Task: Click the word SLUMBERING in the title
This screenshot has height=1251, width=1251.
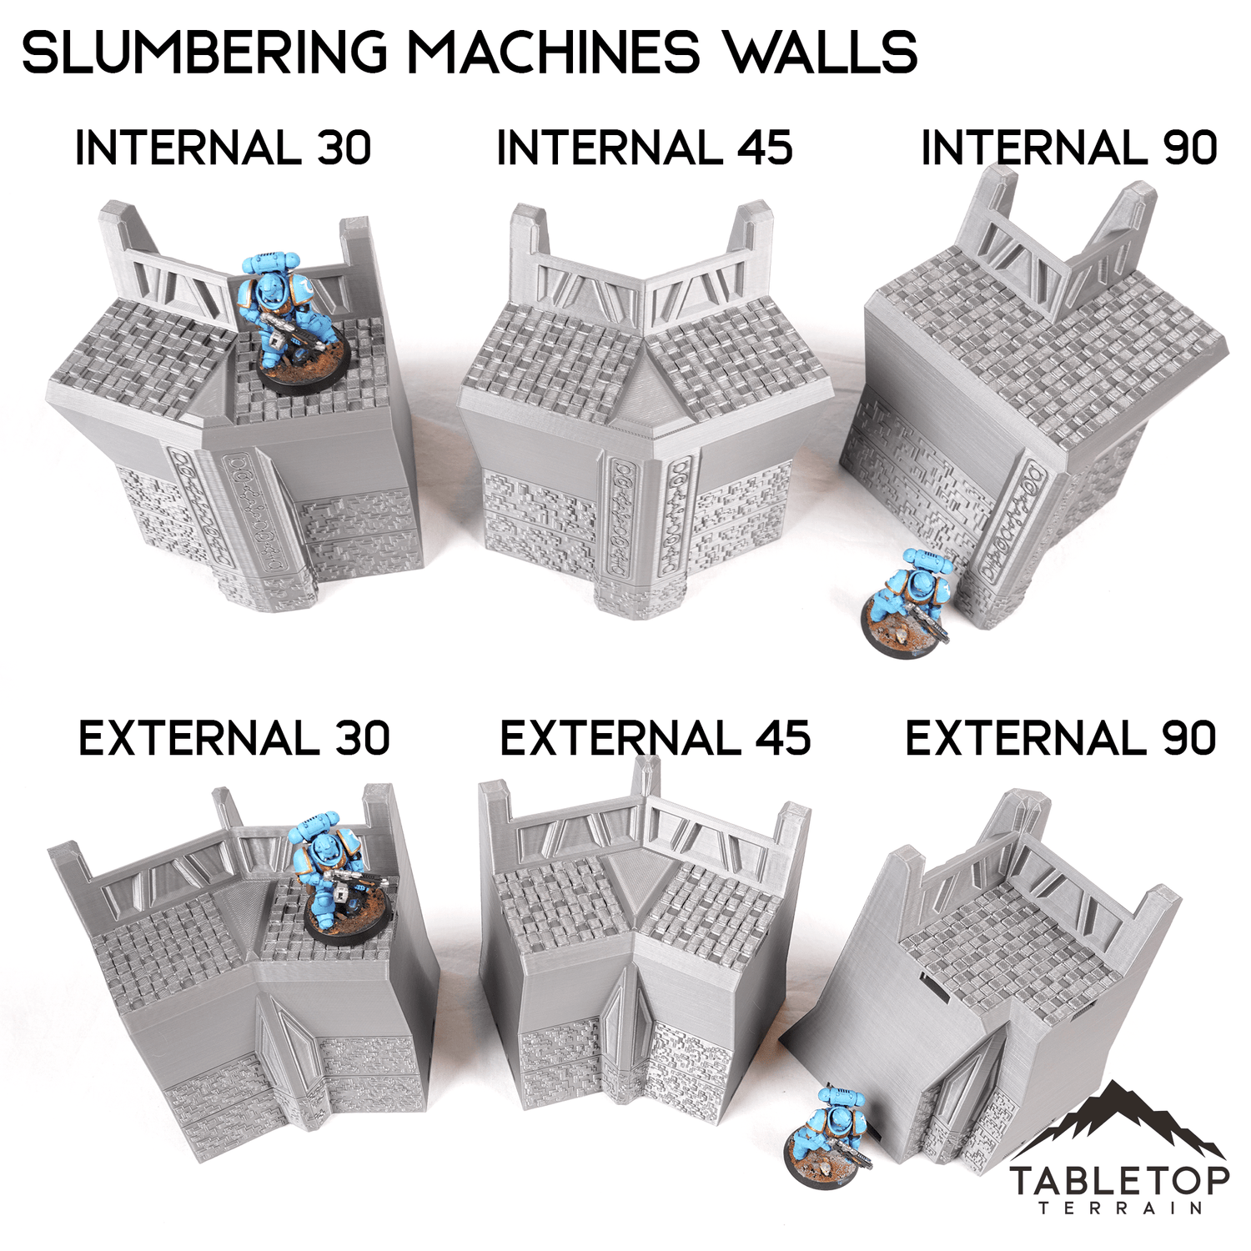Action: [205, 52]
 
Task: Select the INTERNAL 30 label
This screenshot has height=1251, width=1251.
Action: [223, 148]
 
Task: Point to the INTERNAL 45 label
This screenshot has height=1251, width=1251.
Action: [644, 148]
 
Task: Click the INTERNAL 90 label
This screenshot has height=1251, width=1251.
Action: [1069, 148]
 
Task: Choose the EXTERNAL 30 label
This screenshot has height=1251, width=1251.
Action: [234, 738]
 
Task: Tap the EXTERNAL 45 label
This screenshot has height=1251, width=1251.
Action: [656, 738]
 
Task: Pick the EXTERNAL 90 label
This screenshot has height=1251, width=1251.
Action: [1061, 738]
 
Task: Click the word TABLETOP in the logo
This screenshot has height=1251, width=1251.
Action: [1119, 1181]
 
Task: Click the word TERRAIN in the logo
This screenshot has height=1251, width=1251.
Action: [1120, 1208]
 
